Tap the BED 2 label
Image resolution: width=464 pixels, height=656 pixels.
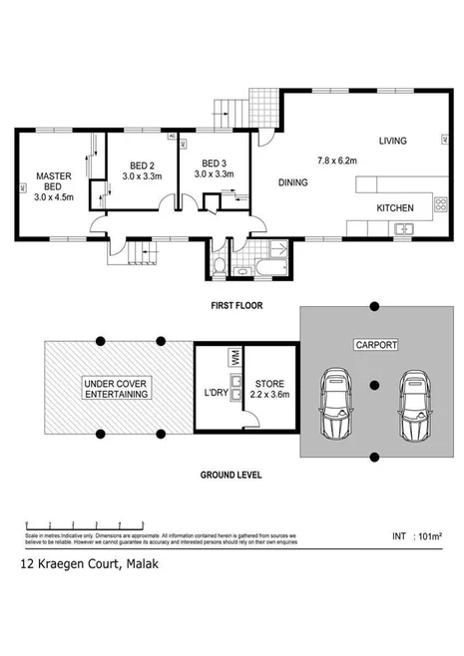(143, 164)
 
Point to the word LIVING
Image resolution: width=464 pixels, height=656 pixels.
(392, 142)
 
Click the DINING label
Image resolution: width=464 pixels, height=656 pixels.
(292, 182)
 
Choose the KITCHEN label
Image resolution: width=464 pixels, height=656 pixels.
(394, 208)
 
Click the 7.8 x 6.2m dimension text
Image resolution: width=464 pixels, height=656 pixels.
(339, 160)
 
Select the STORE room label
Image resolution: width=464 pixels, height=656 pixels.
(269, 384)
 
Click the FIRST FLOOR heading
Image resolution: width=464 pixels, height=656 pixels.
(236, 305)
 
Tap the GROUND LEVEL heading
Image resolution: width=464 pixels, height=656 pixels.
(232, 475)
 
